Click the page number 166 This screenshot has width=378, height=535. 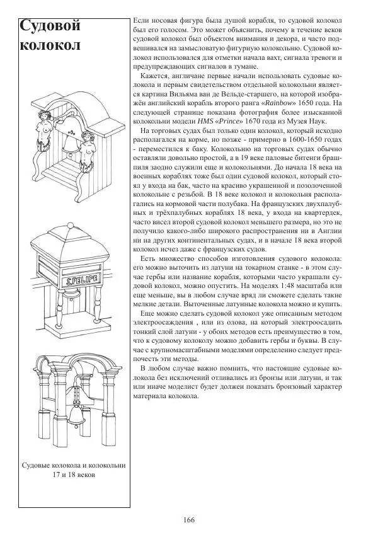tap(188, 519)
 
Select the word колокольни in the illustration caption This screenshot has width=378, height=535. tap(105, 465)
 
